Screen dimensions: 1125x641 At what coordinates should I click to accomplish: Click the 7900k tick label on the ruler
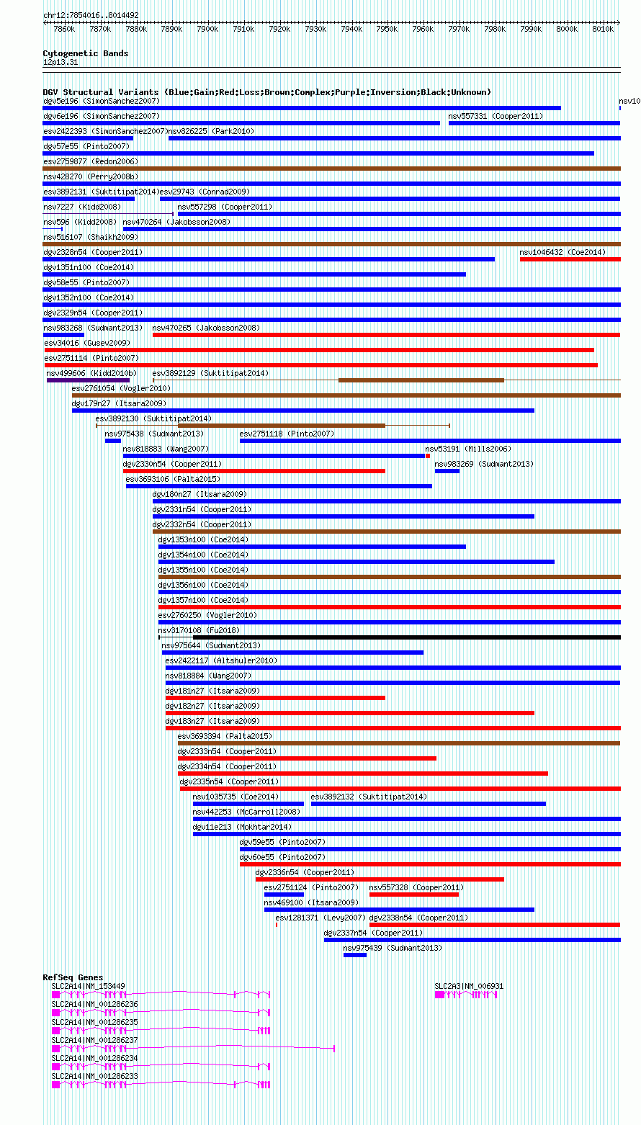click(x=207, y=29)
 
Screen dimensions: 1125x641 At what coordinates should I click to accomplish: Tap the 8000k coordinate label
click(x=567, y=29)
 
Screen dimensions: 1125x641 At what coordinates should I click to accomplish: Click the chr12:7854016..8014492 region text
click(x=91, y=15)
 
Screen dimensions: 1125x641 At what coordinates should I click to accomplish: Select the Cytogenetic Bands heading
click(x=86, y=53)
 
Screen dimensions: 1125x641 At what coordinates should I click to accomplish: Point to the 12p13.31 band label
click(x=60, y=62)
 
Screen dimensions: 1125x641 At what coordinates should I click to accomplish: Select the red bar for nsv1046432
click(x=570, y=259)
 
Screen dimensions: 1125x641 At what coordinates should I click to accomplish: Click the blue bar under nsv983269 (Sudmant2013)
click(x=447, y=471)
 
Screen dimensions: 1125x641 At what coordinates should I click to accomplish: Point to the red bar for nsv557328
click(x=414, y=895)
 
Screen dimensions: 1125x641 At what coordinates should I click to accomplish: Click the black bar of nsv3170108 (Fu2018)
click(x=406, y=637)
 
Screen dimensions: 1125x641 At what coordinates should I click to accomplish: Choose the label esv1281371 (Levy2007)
click(x=320, y=918)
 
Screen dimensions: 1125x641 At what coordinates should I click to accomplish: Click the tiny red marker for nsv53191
click(x=428, y=456)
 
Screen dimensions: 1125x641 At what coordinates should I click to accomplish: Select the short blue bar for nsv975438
click(x=113, y=441)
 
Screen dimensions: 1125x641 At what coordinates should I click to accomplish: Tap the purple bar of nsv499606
click(x=88, y=380)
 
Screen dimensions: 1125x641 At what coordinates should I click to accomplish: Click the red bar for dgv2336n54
click(x=380, y=879)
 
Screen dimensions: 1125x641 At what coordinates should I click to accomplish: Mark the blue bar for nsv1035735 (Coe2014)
click(x=248, y=804)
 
